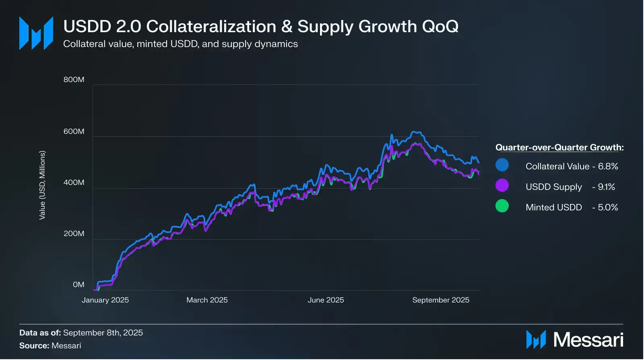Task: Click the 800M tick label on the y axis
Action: [74, 80]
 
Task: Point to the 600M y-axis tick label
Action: [74, 132]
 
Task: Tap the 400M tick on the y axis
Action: [74, 183]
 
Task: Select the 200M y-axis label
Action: [74, 234]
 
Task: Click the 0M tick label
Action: [78, 285]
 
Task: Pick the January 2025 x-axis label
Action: [105, 300]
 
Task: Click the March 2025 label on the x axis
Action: [207, 300]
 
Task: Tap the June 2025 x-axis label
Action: [326, 300]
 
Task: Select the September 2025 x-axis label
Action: [441, 300]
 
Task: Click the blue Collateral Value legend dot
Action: [502, 165]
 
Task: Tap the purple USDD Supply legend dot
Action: [502, 185]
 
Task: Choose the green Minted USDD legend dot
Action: [502, 206]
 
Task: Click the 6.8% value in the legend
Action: [608, 167]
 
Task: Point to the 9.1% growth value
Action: [606, 187]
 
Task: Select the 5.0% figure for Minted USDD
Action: [608, 208]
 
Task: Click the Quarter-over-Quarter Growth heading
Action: [559, 148]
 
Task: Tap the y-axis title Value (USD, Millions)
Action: [42, 185]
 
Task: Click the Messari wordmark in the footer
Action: [588, 340]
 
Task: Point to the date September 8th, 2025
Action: [103, 333]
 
